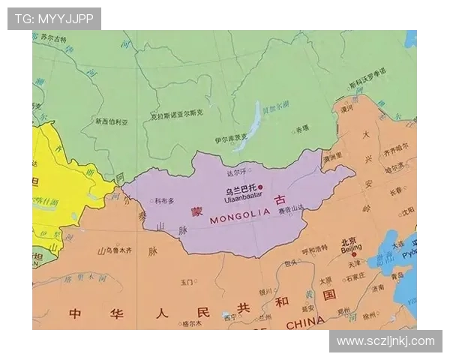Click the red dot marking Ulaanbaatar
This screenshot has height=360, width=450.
[261, 187]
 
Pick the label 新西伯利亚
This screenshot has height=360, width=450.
[112, 121]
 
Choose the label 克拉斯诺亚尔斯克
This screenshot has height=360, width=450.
[176, 114]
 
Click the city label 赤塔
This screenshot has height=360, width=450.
[302, 129]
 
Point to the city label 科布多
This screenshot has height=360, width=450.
[164, 200]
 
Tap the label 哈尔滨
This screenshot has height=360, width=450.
[394, 169]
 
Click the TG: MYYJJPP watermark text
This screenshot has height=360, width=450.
[54, 19]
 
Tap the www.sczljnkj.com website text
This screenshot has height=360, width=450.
[385, 341]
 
